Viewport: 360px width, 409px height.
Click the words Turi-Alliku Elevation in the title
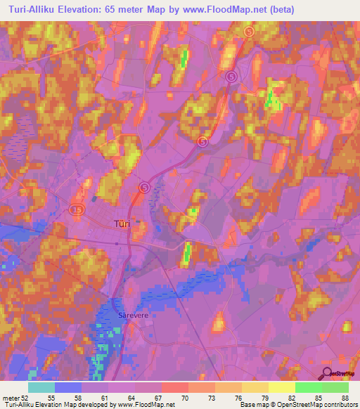[x=53, y=10]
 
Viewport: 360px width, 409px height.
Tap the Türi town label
[x=120, y=224]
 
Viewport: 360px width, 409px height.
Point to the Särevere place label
[x=130, y=316]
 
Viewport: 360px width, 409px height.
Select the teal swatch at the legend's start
[x=41, y=387]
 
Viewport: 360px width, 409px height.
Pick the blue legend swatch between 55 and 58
[x=67, y=387]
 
